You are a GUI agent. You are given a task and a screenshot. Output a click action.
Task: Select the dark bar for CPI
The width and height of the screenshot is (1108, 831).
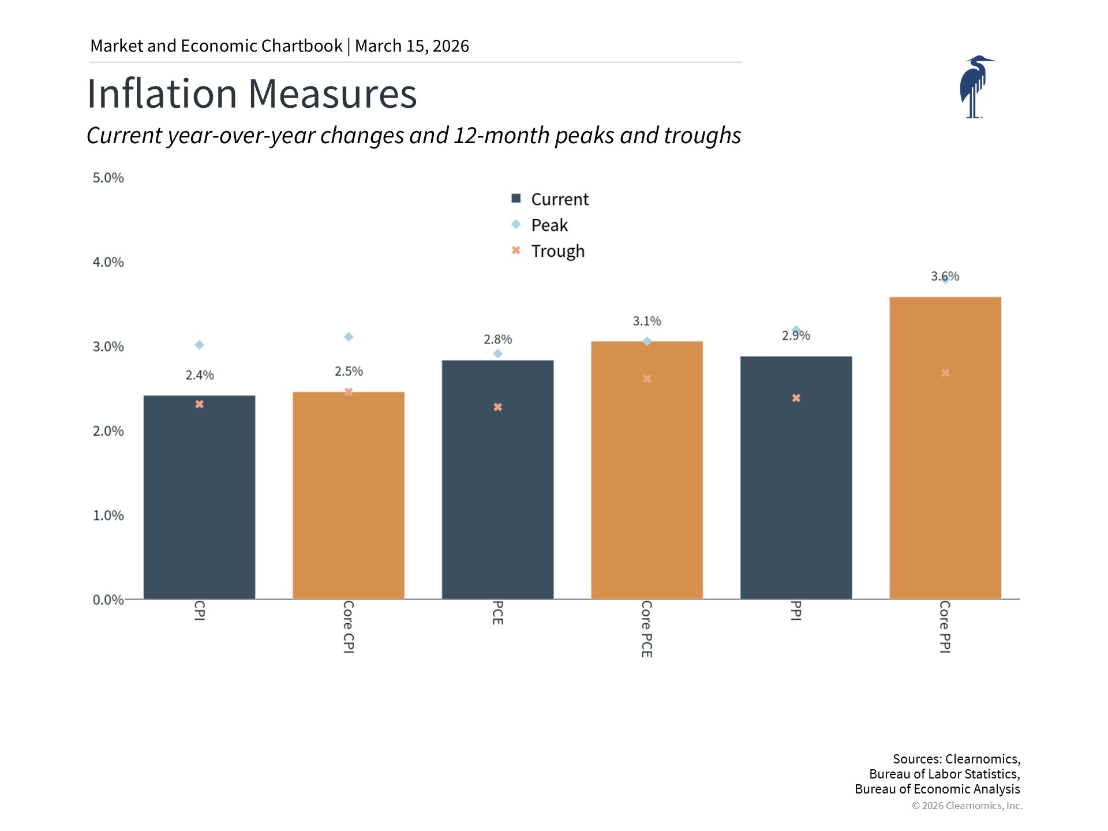click(199, 497)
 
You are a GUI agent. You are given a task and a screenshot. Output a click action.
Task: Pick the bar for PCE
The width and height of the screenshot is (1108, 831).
click(497, 480)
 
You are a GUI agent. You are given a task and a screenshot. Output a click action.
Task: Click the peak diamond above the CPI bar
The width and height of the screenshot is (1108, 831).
click(199, 345)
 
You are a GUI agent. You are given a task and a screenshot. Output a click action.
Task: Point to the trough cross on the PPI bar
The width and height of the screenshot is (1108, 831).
click(796, 398)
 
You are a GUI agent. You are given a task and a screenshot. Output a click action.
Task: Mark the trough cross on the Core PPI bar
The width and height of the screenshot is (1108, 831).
click(945, 373)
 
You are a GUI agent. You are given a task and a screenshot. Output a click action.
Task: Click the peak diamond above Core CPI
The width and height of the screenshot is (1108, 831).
click(349, 337)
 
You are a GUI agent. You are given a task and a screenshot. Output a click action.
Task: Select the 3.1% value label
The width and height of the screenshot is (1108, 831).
click(647, 321)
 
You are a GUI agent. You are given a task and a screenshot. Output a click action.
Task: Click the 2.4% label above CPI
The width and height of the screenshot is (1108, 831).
click(200, 375)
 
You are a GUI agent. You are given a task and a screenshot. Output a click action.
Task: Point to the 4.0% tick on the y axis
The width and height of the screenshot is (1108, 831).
click(108, 262)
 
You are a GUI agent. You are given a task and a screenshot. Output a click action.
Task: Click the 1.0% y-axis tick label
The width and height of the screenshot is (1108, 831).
click(108, 515)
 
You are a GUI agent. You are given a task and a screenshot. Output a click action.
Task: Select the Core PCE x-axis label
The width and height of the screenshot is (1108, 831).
click(647, 628)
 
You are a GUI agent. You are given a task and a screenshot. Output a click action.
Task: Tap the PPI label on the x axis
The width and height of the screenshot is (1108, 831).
click(796, 611)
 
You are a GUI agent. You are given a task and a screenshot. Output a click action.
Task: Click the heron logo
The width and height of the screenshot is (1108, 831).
click(976, 87)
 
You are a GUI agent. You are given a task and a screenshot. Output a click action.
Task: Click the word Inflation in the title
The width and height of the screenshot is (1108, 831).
click(162, 93)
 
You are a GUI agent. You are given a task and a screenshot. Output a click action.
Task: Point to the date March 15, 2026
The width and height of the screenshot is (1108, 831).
click(411, 46)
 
